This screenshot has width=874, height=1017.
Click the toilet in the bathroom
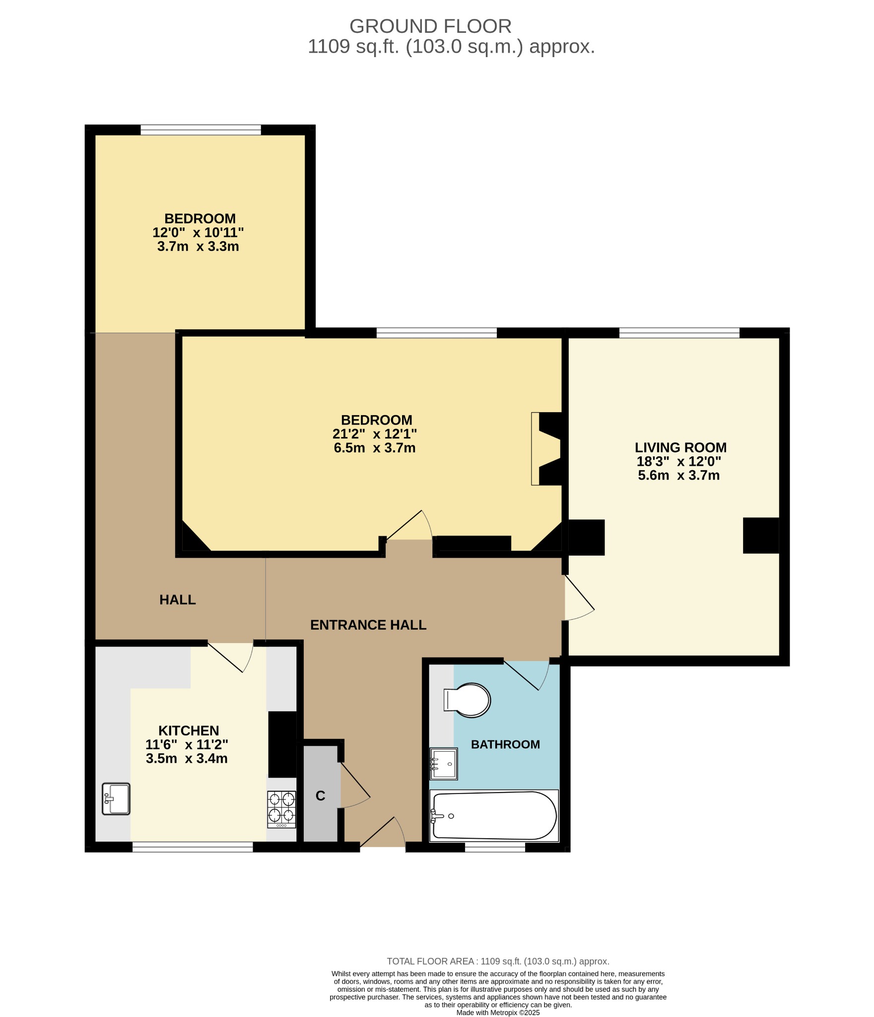(468, 701)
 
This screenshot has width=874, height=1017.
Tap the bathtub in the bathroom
(494, 815)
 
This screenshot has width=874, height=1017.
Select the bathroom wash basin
(444, 764)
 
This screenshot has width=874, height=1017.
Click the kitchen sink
(116, 799)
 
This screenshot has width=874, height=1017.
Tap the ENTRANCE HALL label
(368, 625)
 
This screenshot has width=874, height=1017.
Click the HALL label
(177, 600)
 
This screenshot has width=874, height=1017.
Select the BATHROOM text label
(505, 744)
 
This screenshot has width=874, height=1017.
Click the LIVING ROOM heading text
(680, 447)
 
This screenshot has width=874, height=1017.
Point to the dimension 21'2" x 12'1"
(375, 434)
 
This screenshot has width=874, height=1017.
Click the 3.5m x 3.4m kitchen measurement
(187, 759)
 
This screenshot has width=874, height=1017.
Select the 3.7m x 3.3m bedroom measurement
(198, 247)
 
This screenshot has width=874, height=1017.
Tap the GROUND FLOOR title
(430, 26)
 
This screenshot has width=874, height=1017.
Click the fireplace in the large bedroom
(548, 448)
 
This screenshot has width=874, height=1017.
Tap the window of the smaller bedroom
(201, 130)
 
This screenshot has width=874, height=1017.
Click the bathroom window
(495, 848)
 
